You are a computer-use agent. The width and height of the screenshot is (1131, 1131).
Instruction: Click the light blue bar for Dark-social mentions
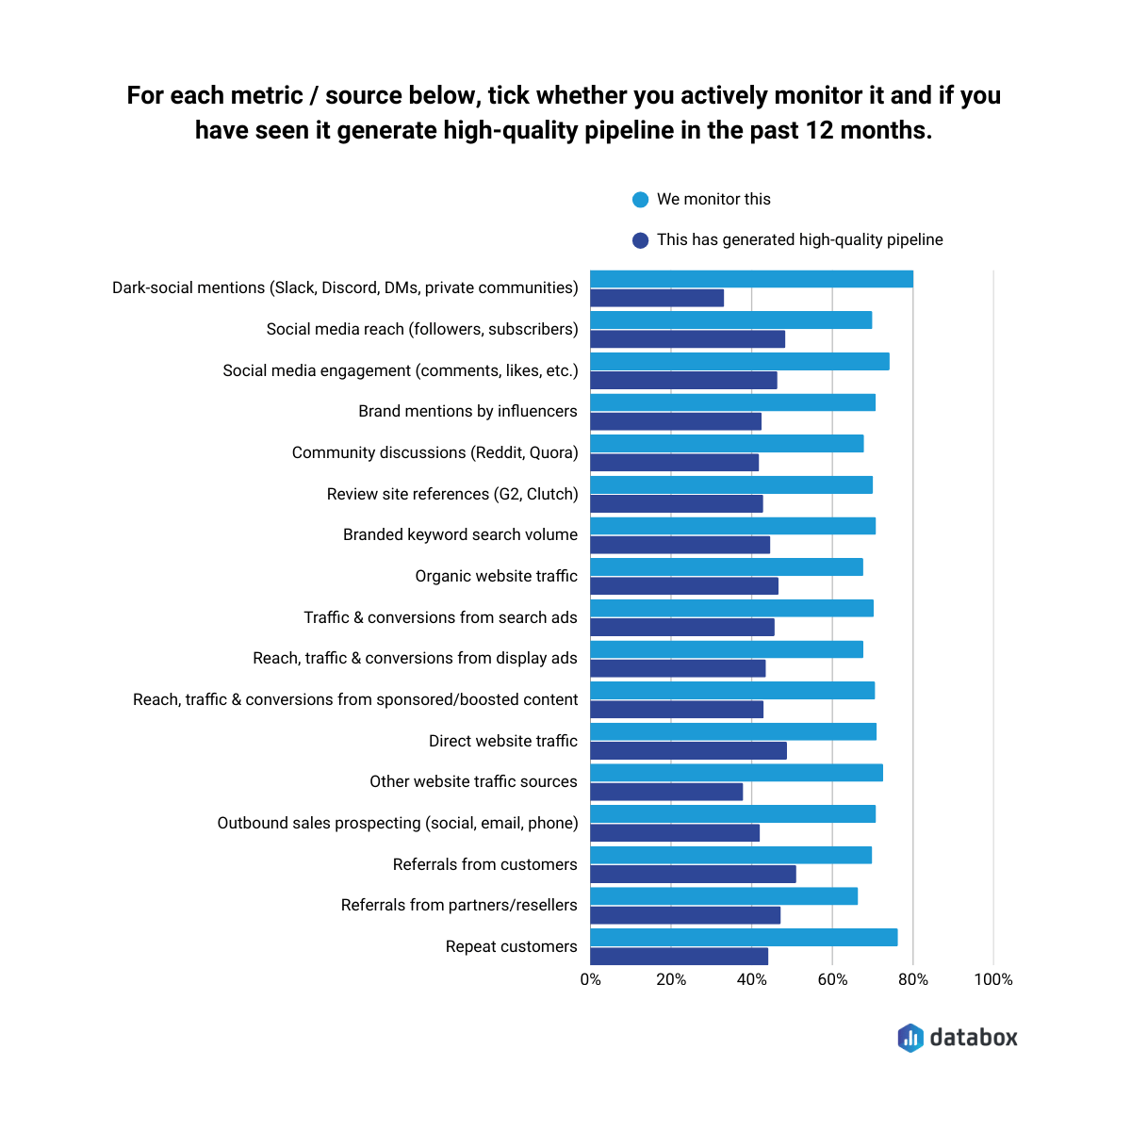point(751,279)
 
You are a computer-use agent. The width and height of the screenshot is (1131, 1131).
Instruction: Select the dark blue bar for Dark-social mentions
point(657,298)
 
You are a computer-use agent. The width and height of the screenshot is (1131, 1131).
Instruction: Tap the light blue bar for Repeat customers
point(744,937)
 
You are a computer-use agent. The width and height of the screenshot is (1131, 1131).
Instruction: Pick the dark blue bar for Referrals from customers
point(693,875)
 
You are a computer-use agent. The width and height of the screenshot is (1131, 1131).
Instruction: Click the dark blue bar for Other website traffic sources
point(666,792)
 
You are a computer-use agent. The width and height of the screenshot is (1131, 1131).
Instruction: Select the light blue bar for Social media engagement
point(740,362)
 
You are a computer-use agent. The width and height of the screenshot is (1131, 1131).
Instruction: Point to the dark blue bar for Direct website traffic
point(688,751)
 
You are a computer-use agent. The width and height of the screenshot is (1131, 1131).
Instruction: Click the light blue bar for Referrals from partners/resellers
point(724,896)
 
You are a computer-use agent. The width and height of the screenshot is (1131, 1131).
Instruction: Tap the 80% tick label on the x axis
point(912,980)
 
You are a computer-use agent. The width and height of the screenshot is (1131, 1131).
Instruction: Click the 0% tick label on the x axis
point(591,980)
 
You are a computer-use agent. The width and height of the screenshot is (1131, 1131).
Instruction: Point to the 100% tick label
point(993,980)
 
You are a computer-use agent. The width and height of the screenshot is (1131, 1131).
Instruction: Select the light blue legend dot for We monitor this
point(641,200)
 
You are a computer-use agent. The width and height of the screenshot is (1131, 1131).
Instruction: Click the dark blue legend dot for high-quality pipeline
point(641,240)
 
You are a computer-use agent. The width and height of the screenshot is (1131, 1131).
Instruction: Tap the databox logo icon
point(910,1038)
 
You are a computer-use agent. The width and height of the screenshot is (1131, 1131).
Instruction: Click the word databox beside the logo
point(974,1038)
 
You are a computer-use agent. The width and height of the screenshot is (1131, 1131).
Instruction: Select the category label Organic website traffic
point(496,576)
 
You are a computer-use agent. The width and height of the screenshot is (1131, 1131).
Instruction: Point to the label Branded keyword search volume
point(460,534)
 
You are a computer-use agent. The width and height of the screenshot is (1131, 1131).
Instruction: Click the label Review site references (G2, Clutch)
point(452,494)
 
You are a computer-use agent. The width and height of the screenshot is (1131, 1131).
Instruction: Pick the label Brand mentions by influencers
point(467,411)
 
